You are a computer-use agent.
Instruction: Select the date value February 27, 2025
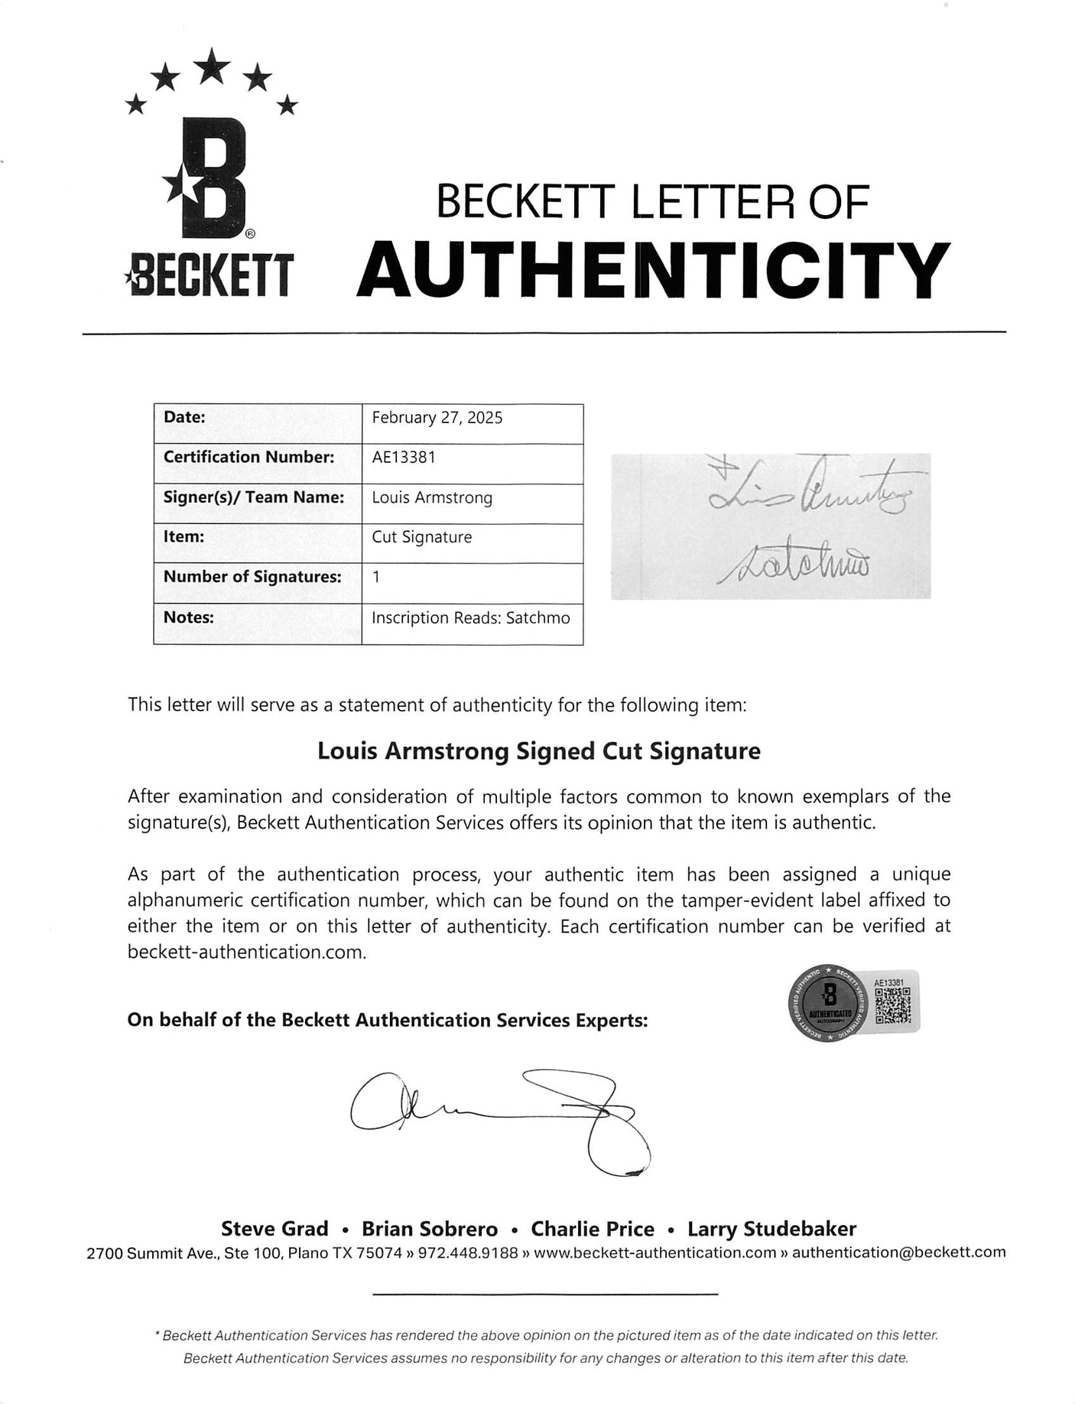437,418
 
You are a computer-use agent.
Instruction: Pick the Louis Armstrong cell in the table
432,497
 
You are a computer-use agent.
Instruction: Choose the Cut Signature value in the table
421,537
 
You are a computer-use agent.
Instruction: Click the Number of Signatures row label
252,577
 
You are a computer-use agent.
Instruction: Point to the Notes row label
189,617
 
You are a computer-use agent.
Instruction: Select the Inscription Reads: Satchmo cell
470,617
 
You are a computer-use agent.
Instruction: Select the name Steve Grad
274,1229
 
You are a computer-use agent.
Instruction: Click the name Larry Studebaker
771,1229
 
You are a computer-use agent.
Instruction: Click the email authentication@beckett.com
898,1253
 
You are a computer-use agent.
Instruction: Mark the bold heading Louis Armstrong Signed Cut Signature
538,751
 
